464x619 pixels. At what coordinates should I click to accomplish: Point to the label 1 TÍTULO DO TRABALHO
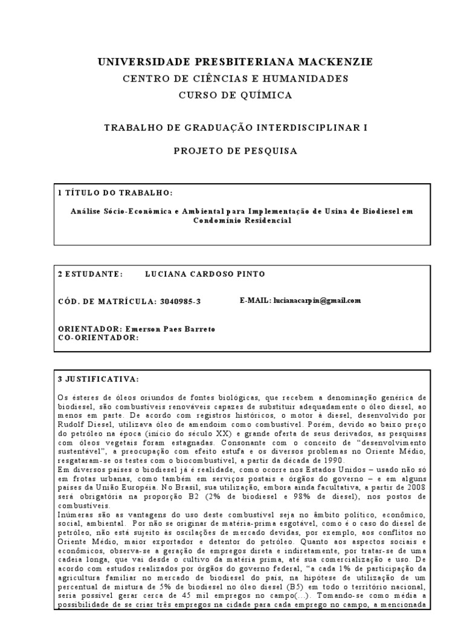(115, 192)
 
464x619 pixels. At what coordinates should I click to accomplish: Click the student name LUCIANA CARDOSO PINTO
(205, 274)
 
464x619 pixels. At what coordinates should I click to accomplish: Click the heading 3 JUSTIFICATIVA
(98, 379)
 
